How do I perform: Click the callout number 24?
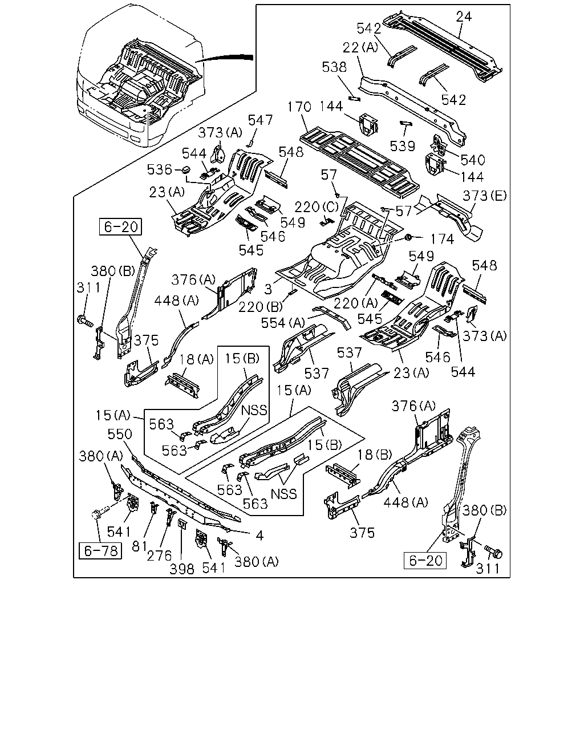tap(464, 17)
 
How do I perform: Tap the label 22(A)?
tap(360, 47)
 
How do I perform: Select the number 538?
tap(334, 67)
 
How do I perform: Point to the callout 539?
tap(403, 146)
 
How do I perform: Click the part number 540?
tap(473, 160)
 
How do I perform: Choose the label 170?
tap(299, 107)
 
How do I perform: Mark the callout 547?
tap(260, 120)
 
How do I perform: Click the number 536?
tap(160, 169)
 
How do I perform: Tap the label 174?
tap(442, 240)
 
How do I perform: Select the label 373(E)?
tap(485, 196)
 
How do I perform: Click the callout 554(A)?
tap(283, 323)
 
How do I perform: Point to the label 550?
tap(120, 434)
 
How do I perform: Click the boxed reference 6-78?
tap(100, 550)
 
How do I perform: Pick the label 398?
tap(182, 569)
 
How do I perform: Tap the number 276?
tap(160, 555)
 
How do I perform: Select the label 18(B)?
tap(375, 455)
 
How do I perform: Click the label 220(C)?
tap(317, 206)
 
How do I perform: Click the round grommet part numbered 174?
tap(408, 237)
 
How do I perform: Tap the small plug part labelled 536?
tap(186, 169)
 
